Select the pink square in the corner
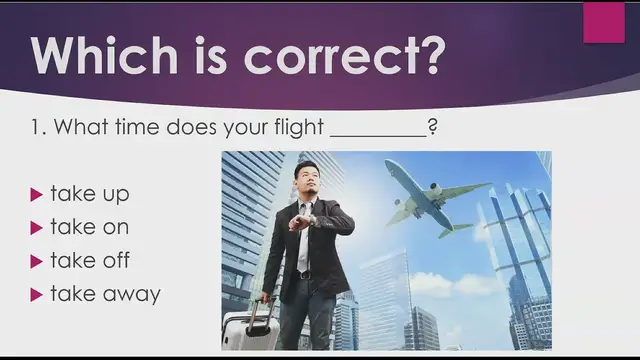(603, 22)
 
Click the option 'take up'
(89, 194)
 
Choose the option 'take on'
(89, 227)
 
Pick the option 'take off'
(89, 260)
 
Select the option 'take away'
(104, 293)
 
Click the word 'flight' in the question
(297, 128)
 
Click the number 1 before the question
(37, 128)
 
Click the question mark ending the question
(432, 128)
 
